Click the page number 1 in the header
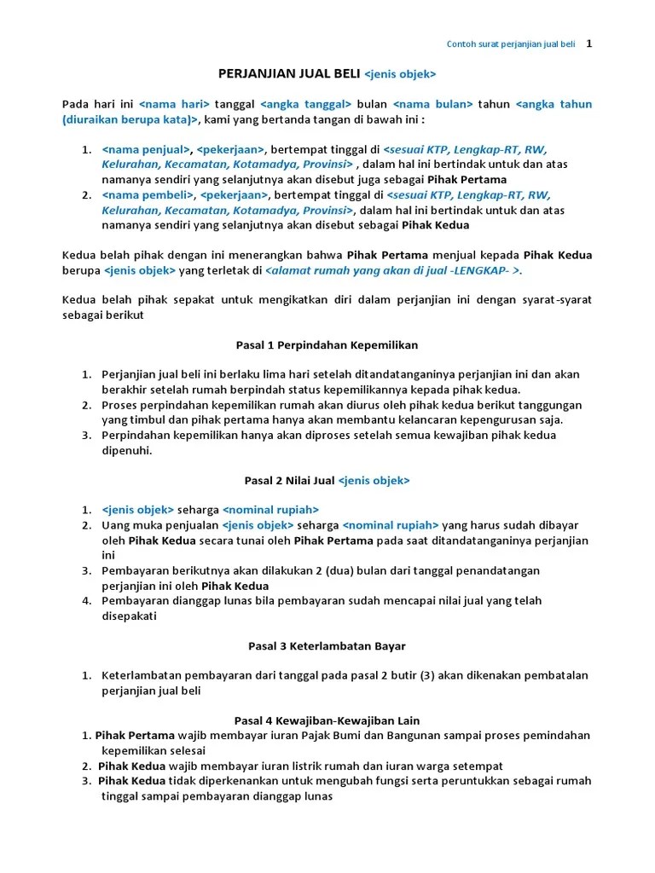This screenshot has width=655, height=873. (x=588, y=43)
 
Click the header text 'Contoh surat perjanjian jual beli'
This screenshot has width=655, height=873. (x=511, y=44)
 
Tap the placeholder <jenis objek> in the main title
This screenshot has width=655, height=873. (x=400, y=74)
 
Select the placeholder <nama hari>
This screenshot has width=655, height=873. (x=174, y=104)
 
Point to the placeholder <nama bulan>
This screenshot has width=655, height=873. (x=433, y=104)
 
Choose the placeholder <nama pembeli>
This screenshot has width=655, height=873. (x=148, y=195)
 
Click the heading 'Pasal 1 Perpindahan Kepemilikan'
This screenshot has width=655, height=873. (x=327, y=345)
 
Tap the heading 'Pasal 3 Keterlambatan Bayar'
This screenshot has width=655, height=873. (x=327, y=645)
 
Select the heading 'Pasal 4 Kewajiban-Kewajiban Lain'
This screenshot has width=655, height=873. (x=327, y=720)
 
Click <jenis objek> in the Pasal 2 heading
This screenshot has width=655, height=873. (x=374, y=481)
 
